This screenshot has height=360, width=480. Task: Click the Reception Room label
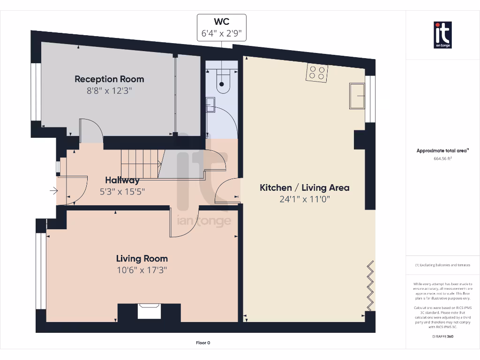pos(109,79)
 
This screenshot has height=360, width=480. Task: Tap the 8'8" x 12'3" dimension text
pos(109,91)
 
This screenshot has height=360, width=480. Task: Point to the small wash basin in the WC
pos(210,105)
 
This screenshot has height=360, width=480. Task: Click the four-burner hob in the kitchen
pos(316,73)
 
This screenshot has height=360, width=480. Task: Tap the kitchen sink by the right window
pos(357,96)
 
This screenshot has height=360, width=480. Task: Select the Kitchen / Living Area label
pos(305,187)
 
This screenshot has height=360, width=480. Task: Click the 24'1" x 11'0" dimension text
pos(305,199)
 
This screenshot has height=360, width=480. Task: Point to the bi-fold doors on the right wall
pos(370,286)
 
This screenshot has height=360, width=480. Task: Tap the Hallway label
pos(122,180)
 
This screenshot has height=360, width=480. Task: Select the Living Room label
pos(142,258)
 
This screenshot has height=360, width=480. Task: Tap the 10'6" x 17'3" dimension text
pos(142,270)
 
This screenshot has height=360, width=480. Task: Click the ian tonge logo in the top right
pos(442,35)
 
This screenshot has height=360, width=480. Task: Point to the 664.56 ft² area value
pos(442,158)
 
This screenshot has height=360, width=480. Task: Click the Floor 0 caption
pos(202,343)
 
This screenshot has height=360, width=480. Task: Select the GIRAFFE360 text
pos(442,336)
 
